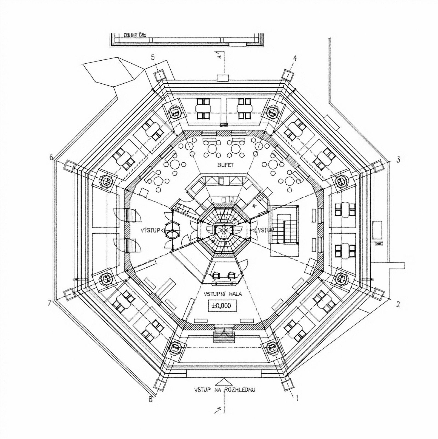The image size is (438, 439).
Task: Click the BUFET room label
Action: click(225, 165)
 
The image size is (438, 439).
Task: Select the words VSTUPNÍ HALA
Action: click(223, 294)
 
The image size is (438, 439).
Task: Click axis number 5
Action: click(153, 58)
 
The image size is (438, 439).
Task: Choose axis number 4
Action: click(295, 58)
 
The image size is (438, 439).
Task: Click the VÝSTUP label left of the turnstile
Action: click(150, 230)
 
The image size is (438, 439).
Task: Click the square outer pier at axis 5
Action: click(159, 75)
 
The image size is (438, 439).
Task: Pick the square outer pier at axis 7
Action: click(69, 295)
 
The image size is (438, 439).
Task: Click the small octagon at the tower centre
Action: click(224, 230)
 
